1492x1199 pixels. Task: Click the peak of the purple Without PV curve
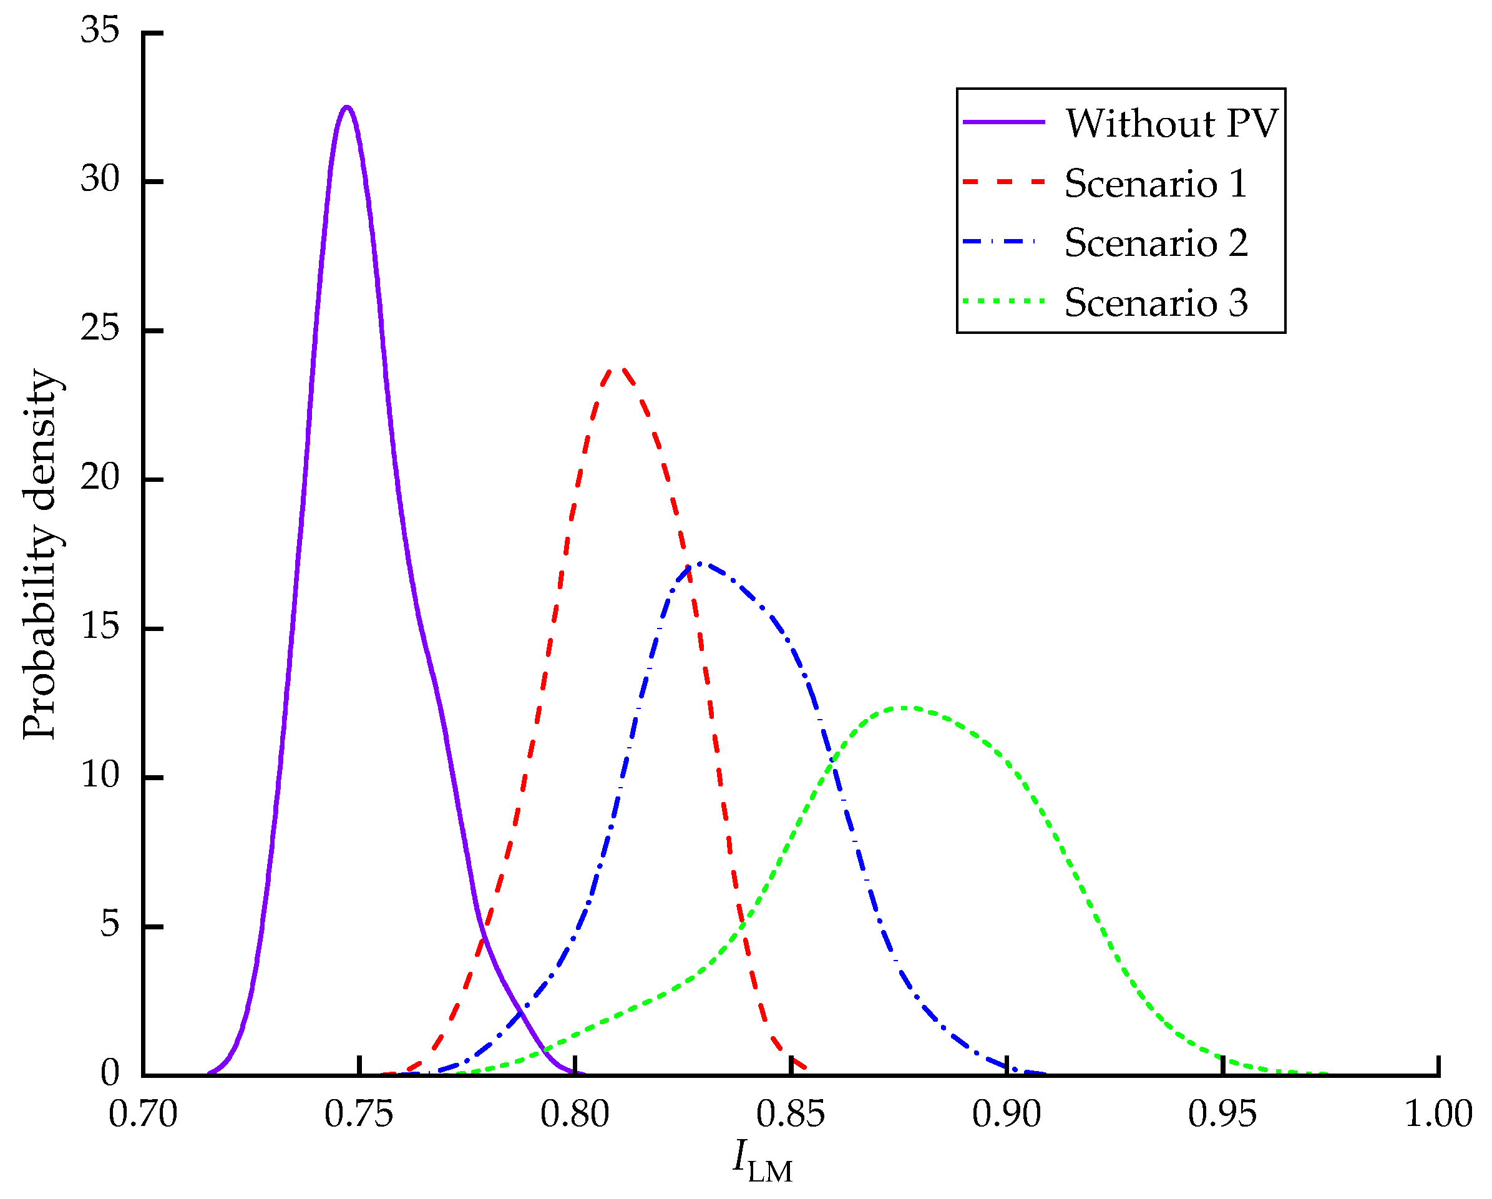pos(347,107)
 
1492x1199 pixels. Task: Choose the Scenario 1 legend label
pos(1156,184)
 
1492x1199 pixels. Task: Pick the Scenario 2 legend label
pos(1156,243)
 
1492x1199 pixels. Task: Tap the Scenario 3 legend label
pos(1156,303)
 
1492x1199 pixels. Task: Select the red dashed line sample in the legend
pos(1003,182)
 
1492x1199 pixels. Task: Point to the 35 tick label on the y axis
pos(100,31)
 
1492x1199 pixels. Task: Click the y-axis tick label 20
pos(100,477)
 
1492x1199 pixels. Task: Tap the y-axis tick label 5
pos(110,925)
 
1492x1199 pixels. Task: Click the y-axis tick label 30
pos(100,180)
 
